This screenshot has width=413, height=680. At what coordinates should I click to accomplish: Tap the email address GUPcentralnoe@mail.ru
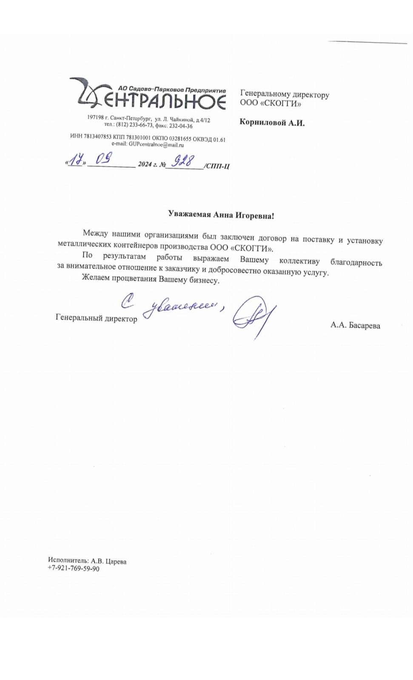[x=156, y=145]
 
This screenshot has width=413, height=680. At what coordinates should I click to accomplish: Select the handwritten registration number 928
[x=182, y=161]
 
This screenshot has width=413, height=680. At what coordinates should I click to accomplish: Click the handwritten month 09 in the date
[x=103, y=159]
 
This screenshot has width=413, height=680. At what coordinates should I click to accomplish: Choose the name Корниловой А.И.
[x=272, y=122]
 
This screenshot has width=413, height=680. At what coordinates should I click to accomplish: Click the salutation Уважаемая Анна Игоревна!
[x=221, y=215]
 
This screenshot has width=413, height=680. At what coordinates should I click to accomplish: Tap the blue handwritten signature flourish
[x=253, y=316]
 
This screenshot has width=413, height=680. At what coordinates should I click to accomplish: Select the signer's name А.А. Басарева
[x=355, y=325]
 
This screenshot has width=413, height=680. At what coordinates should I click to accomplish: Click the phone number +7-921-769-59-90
[x=74, y=569]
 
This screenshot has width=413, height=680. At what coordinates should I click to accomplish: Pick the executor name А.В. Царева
[x=108, y=561]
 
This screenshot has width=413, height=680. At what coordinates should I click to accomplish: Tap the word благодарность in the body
[x=356, y=263]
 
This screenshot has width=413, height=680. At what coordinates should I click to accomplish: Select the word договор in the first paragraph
[x=272, y=238]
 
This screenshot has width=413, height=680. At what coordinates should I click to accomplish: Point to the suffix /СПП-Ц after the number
[x=217, y=166]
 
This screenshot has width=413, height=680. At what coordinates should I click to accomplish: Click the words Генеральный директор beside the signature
[x=96, y=318]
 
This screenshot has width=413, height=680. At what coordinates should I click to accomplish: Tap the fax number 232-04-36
[x=181, y=126]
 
